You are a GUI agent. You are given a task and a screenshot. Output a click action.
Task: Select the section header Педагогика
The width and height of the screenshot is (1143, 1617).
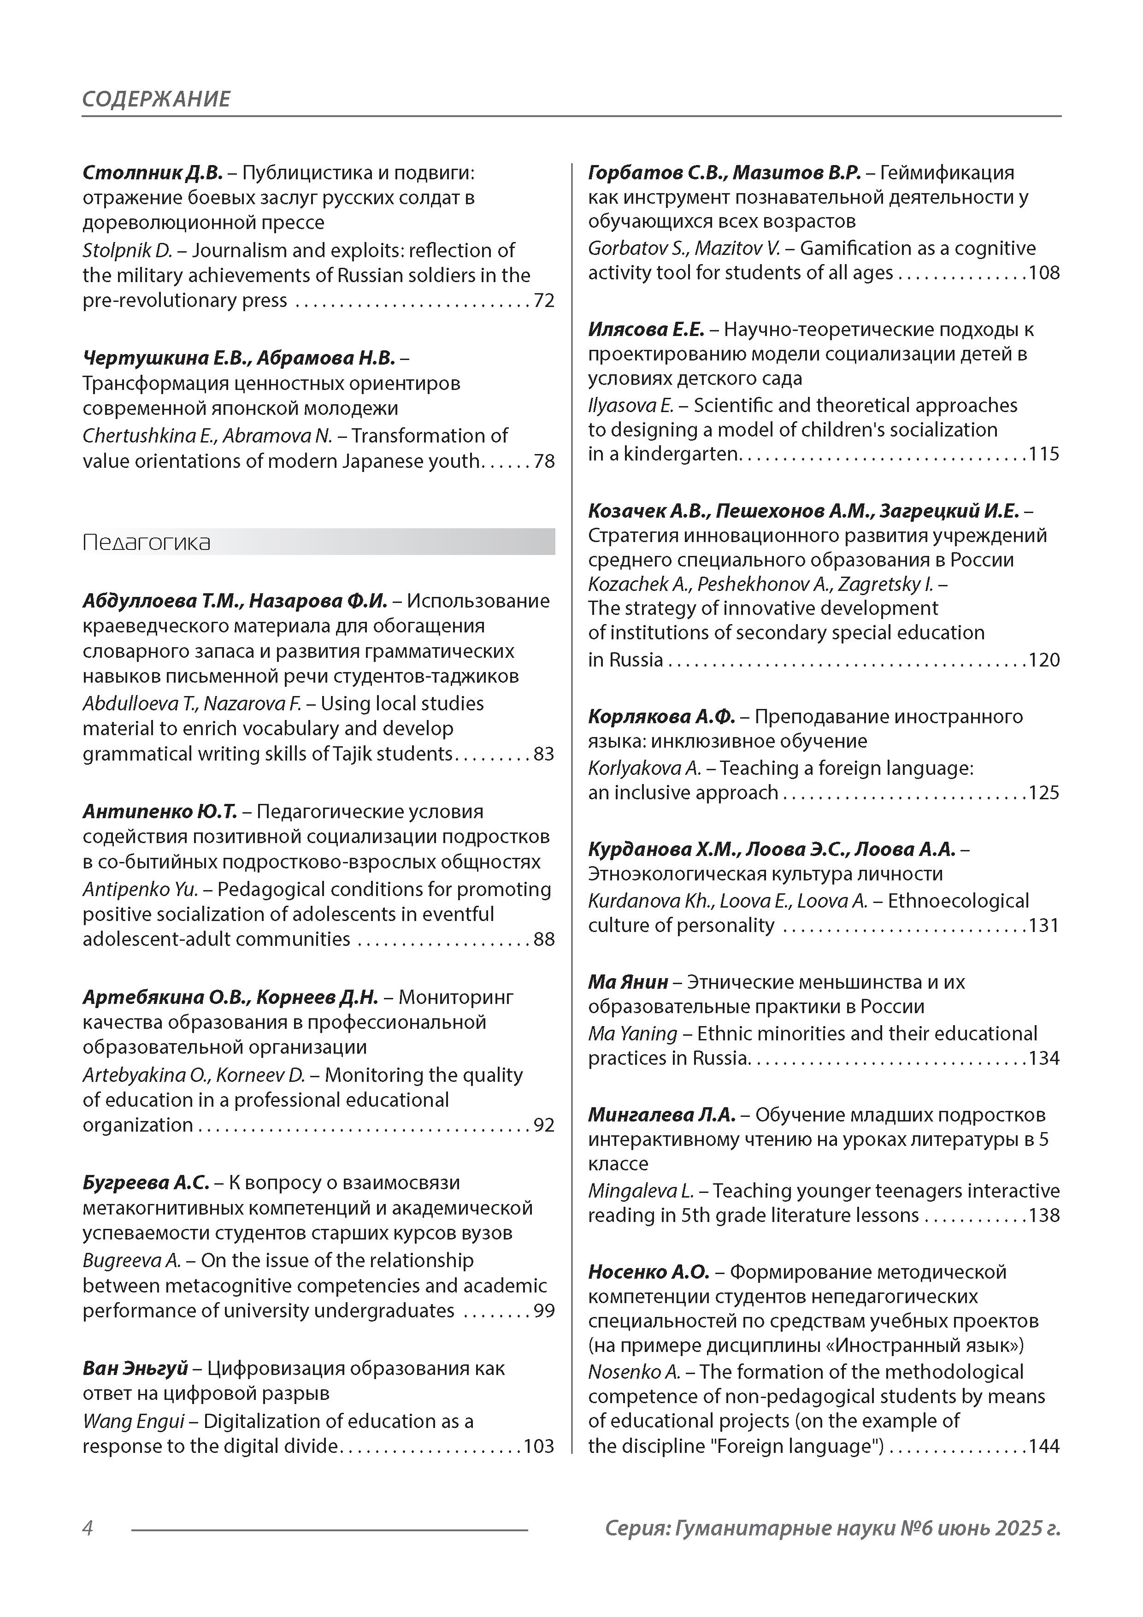point(147,542)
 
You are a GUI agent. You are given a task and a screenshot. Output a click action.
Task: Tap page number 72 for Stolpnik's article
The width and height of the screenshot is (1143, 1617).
point(544,301)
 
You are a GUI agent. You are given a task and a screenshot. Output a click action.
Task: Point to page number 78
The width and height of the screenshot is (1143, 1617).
point(544,461)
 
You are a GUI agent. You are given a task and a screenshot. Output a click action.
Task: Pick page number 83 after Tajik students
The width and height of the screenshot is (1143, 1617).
point(544,754)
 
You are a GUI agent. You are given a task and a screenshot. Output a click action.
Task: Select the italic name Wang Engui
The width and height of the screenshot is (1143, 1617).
point(134,1421)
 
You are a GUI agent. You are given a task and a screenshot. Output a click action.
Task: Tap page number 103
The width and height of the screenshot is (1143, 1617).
point(539,1446)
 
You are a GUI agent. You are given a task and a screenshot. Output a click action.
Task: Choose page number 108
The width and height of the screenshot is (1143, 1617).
point(1044,273)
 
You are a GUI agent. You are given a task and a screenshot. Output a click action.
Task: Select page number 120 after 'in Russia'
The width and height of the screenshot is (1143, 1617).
point(1044,660)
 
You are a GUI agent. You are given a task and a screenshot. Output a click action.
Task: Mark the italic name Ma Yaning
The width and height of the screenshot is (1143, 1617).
point(632,1034)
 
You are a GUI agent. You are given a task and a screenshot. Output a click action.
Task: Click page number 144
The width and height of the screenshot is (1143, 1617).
point(1044,1446)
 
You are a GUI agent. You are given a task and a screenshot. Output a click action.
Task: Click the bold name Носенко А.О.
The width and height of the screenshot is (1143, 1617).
point(648,1272)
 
